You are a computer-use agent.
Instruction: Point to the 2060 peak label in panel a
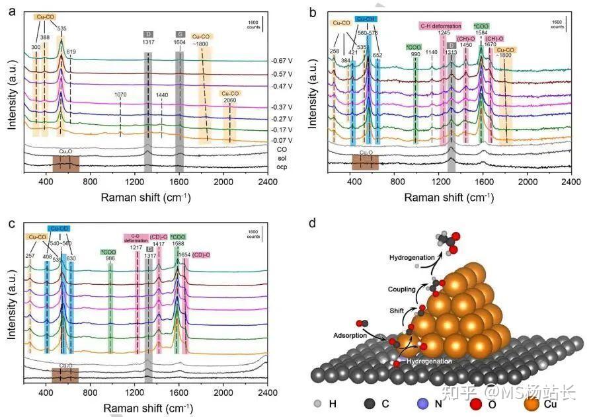coord(229,100)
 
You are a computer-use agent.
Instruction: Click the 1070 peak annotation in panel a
coord(120,95)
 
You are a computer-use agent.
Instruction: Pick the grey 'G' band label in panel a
coord(180,34)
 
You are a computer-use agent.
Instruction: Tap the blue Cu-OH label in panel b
coord(366,19)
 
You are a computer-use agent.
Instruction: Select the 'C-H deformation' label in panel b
coord(440,26)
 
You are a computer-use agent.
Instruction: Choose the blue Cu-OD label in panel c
coord(59,229)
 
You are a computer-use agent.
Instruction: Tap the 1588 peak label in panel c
coord(178,244)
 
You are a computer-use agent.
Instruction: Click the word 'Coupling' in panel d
coord(403,289)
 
